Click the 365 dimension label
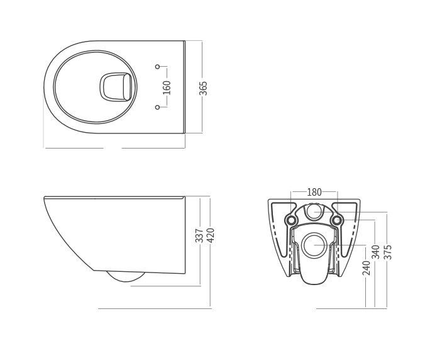pos(203,88)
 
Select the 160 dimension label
pos(167,87)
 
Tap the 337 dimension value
pos(199,235)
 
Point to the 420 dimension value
pos(211,235)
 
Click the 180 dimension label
pos(314,192)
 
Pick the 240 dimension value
pos(367,267)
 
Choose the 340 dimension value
pos(375,252)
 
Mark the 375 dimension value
pos(388,252)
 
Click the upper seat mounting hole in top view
pos(157,67)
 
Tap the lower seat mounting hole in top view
pos(157,107)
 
